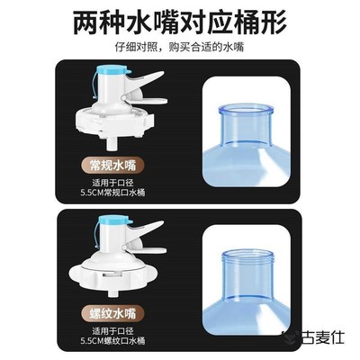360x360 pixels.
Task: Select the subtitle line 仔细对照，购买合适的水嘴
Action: [180, 47]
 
